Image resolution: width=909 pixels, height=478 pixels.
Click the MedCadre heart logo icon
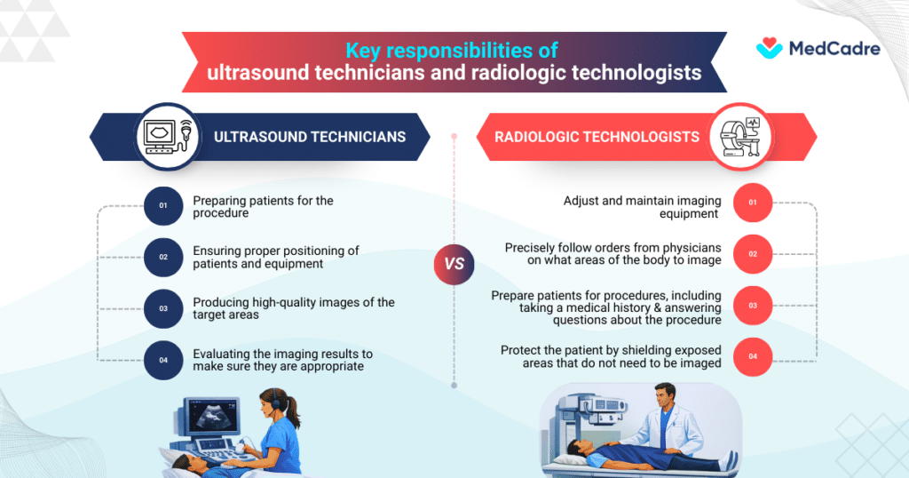tap(770, 48)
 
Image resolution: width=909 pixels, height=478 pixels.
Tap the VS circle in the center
tap(454, 264)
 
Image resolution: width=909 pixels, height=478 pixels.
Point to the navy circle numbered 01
tap(163, 206)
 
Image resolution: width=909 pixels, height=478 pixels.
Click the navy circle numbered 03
tap(163, 308)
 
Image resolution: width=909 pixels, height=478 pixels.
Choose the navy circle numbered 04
tap(163, 359)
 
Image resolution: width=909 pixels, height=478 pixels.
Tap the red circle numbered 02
tap(753, 254)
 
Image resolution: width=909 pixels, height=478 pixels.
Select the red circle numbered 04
tap(753, 356)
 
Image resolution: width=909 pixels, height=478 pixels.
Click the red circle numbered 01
tap(753, 203)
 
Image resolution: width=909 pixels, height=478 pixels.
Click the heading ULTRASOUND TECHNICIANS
tap(310, 137)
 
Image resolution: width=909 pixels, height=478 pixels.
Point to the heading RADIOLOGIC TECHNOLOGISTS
tap(597, 137)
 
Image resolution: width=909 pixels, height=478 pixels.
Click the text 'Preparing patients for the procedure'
tap(264, 206)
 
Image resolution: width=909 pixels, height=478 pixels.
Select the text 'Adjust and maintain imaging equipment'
tap(642, 206)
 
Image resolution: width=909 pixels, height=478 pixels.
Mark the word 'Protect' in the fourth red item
tap(521, 350)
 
